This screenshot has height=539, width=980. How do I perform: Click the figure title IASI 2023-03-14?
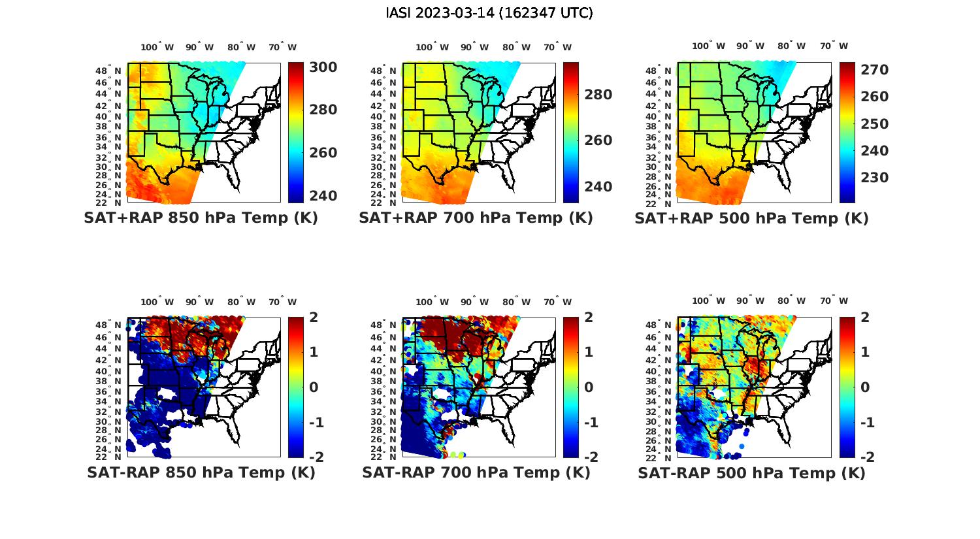click(489, 13)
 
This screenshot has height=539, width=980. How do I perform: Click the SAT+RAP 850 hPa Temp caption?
click(201, 218)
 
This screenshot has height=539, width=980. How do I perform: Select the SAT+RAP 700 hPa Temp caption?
click(476, 218)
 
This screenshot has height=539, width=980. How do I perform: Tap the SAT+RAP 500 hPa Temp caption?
click(751, 219)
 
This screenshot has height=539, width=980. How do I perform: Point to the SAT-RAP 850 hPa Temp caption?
click(201, 473)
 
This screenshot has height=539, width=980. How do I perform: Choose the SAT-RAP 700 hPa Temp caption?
click(476, 473)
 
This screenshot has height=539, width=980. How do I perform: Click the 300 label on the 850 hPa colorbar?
click(323, 67)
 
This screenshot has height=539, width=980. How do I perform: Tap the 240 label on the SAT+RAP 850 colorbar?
click(323, 196)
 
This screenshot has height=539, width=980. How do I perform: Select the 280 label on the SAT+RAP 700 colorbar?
click(598, 95)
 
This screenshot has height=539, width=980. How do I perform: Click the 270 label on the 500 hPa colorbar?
click(874, 70)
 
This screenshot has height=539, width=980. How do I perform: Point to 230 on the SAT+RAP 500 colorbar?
click(874, 178)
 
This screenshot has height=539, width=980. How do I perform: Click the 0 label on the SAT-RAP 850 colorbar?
click(314, 387)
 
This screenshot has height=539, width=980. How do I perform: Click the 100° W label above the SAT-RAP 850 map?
click(157, 302)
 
